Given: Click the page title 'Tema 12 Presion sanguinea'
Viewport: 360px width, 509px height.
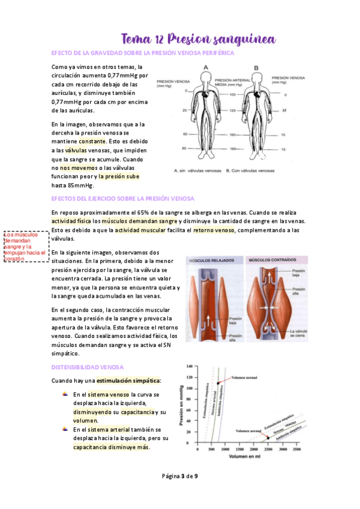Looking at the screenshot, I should coord(198,39).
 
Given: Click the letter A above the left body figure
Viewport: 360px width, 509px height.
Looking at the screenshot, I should coord(206,68).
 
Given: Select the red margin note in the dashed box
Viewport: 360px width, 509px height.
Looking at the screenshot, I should coord(25,247).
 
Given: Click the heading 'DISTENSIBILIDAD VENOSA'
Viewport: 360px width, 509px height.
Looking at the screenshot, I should coord(88,367).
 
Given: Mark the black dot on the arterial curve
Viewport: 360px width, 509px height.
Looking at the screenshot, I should coord(217,383).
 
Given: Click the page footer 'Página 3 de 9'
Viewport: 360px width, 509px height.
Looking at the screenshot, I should coord(180,476).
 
